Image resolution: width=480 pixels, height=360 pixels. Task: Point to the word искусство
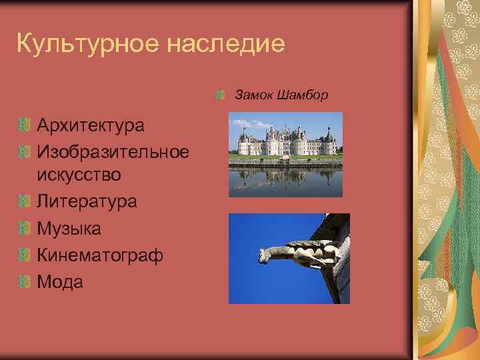point(79,175)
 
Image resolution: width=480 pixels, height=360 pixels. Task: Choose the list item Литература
point(87,201)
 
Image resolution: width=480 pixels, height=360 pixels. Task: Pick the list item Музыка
point(69,229)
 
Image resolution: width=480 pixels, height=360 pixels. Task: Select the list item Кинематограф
point(100,255)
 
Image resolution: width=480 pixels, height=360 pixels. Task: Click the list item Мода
point(61,282)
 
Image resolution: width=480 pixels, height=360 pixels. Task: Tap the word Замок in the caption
point(251,95)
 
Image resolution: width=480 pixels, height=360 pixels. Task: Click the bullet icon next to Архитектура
point(26,125)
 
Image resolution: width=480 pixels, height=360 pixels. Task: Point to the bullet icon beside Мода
point(26,282)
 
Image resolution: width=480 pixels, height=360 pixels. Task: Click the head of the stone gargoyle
point(265,254)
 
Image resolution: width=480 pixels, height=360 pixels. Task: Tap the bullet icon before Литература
point(26,202)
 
